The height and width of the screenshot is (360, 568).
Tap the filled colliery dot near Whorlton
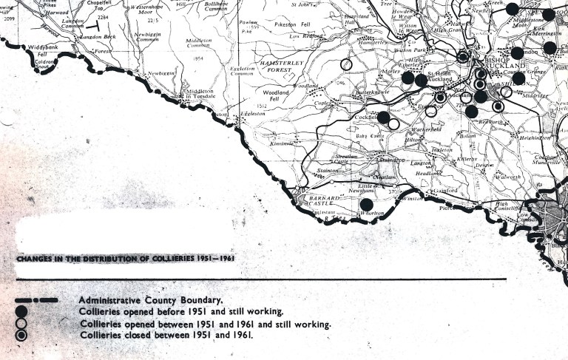(x=366, y=205)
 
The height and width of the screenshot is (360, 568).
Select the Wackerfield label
(x=422, y=131)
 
